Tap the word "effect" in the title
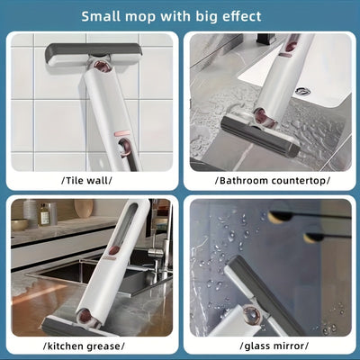[238, 15]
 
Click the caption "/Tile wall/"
[88, 179]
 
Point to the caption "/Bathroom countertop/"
[272, 179]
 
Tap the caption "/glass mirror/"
[272, 345]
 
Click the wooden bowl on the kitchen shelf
[84, 209]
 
